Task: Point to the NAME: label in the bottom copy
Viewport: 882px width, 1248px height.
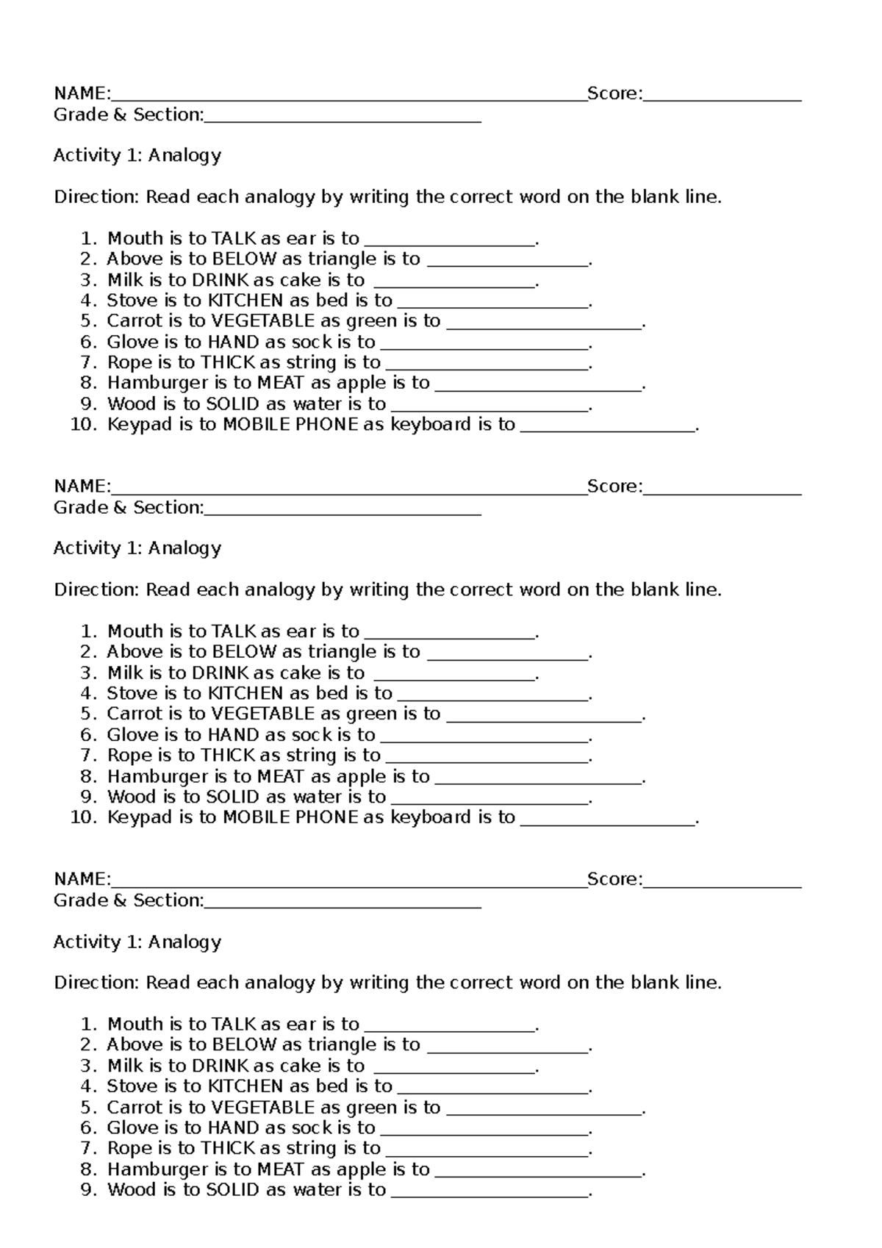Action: (82, 879)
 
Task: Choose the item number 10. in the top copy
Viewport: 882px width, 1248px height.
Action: (84, 424)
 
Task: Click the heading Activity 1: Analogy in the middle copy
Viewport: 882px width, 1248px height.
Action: (137, 548)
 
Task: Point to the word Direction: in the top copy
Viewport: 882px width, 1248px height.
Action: (96, 197)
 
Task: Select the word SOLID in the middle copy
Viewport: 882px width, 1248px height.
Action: (233, 797)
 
